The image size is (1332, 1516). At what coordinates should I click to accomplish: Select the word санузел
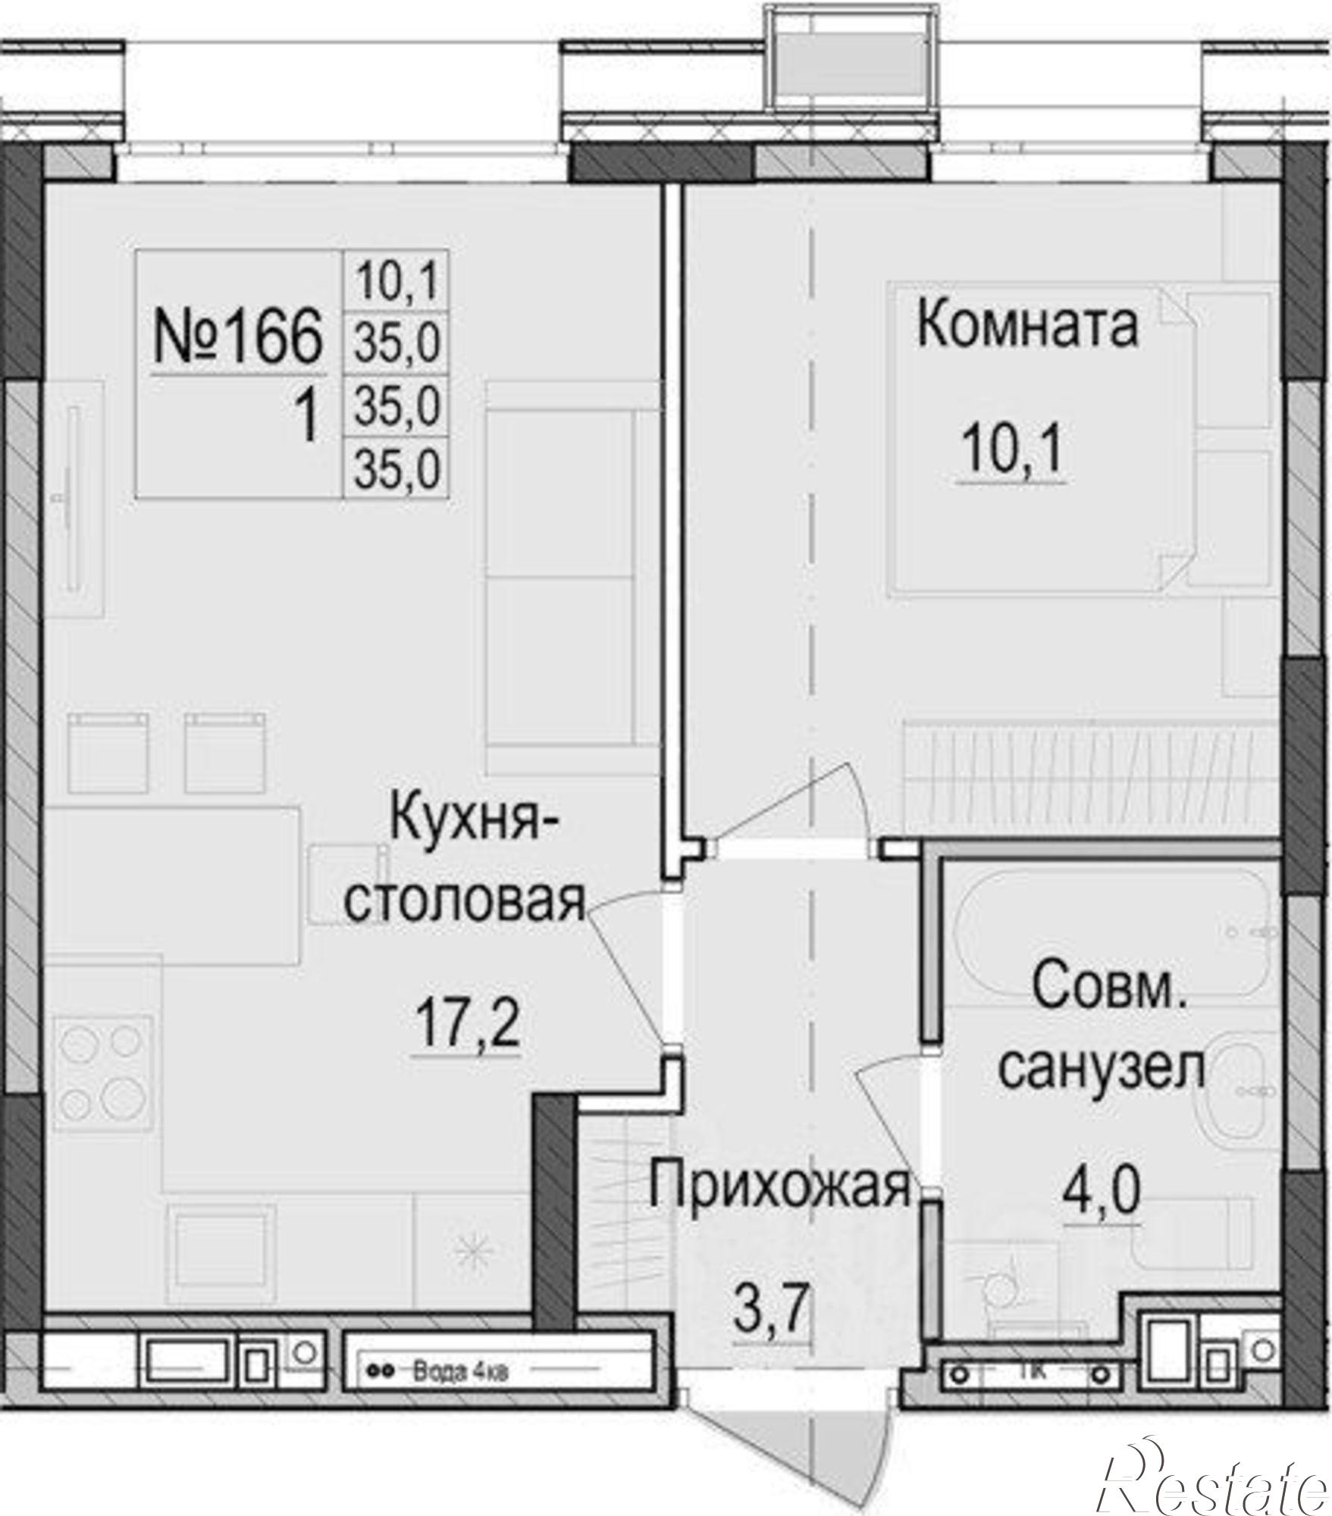click(x=1101, y=1069)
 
